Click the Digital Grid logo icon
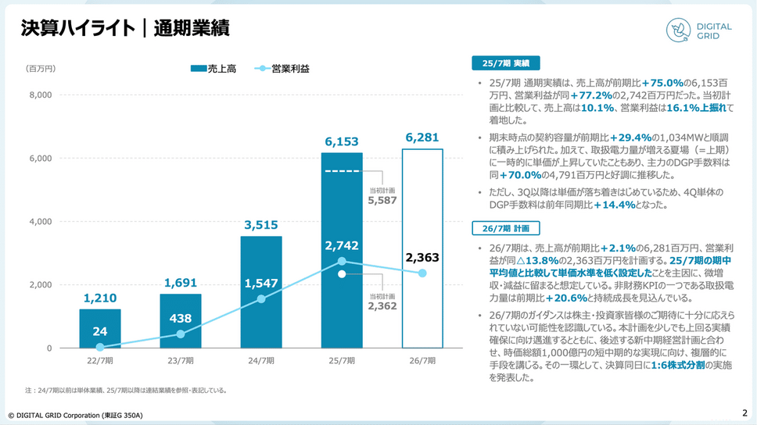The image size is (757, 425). point(677,29)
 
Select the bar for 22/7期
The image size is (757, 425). point(100,328)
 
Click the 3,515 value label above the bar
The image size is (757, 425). point(261,226)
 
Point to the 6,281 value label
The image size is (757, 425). point(422,138)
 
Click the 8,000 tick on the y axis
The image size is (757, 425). point(40,95)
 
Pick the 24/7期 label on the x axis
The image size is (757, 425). point(261,361)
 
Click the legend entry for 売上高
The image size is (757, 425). point(213,69)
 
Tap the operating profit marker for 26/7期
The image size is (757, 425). point(422,273)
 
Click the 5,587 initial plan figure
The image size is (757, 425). point(382,200)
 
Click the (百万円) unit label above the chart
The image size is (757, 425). point(41,69)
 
